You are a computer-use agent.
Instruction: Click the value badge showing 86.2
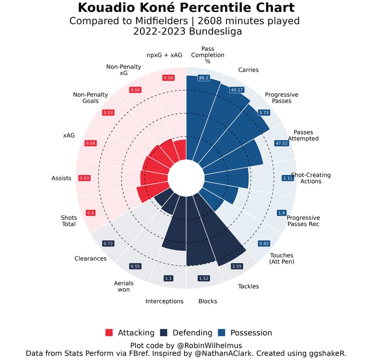(x=203, y=78)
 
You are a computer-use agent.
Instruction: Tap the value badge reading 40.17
(x=236, y=90)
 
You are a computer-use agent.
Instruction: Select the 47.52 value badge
(x=280, y=144)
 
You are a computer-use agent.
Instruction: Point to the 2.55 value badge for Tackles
(x=236, y=266)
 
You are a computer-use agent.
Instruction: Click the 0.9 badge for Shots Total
(x=91, y=212)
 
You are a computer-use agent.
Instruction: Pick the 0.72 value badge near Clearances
(x=108, y=243)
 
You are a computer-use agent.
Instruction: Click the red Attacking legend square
(x=109, y=332)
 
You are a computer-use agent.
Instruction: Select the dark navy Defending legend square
(x=164, y=332)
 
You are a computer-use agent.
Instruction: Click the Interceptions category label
(x=164, y=301)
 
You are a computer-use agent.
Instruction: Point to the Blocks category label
(x=208, y=301)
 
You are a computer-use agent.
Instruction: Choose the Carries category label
(x=248, y=70)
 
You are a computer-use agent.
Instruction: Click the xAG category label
(x=69, y=135)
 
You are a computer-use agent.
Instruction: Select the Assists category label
(x=61, y=178)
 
